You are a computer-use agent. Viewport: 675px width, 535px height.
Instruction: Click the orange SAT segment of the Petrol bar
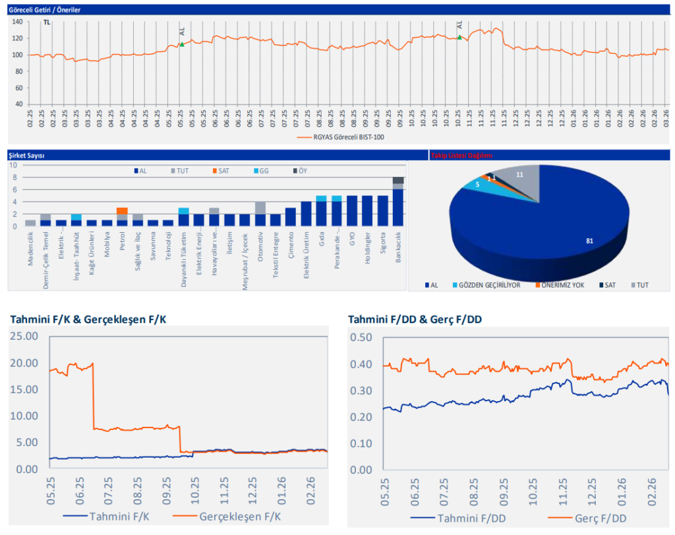tap(122, 210)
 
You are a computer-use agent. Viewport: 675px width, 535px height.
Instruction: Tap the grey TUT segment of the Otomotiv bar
tap(260, 207)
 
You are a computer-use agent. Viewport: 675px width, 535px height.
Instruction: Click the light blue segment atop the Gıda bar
tap(321, 198)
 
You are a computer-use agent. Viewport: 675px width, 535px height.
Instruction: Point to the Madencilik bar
tap(30, 223)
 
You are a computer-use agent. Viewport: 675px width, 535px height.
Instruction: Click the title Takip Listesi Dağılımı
tap(461, 156)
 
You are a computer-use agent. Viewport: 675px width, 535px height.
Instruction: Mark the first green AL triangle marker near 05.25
tap(182, 44)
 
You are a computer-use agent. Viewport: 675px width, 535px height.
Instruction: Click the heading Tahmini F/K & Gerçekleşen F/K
tap(88, 319)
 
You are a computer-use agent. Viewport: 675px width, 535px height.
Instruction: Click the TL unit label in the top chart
tap(46, 22)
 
